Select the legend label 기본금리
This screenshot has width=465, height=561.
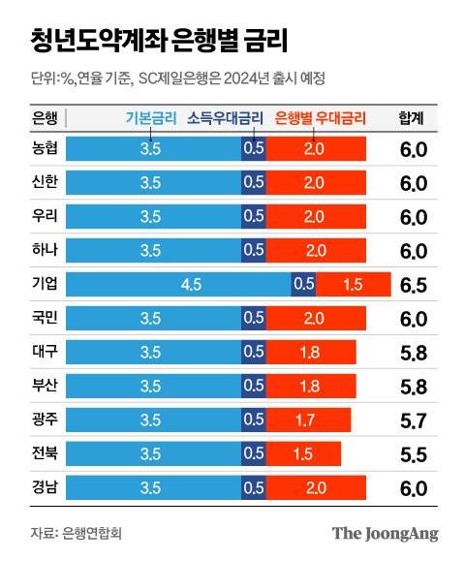click(x=151, y=119)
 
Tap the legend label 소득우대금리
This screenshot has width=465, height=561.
click(x=225, y=119)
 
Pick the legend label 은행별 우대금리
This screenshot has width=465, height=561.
click(x=321, y=119)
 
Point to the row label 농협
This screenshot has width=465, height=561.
click(x=46, y=149)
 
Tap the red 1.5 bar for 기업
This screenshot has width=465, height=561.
click(x=353, y=284)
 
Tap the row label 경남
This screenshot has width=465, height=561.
click(x=46, y=486)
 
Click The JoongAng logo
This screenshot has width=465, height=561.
click(x=385, y=533)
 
